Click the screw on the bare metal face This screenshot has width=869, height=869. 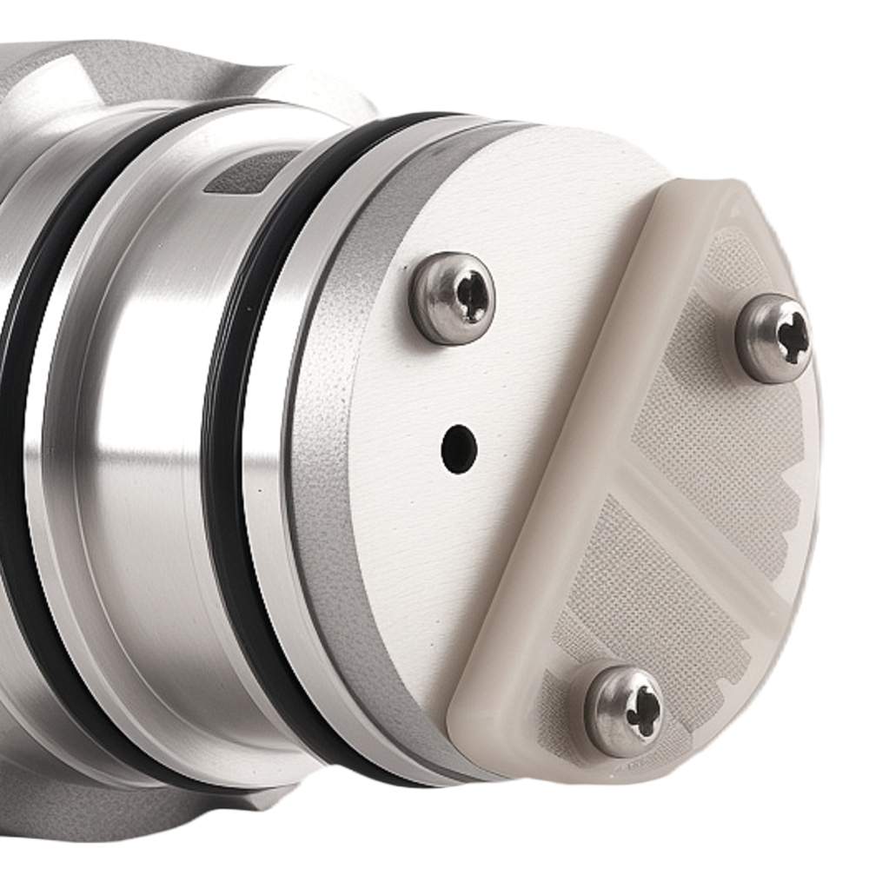pos(453,298)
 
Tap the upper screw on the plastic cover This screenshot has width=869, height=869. pos(773,338)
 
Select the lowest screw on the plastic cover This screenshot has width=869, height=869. pos(623,711)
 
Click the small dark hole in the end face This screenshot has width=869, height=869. pos(459,448)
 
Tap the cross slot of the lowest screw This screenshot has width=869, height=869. pos(644,712)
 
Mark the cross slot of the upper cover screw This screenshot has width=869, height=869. pos(793,336)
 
